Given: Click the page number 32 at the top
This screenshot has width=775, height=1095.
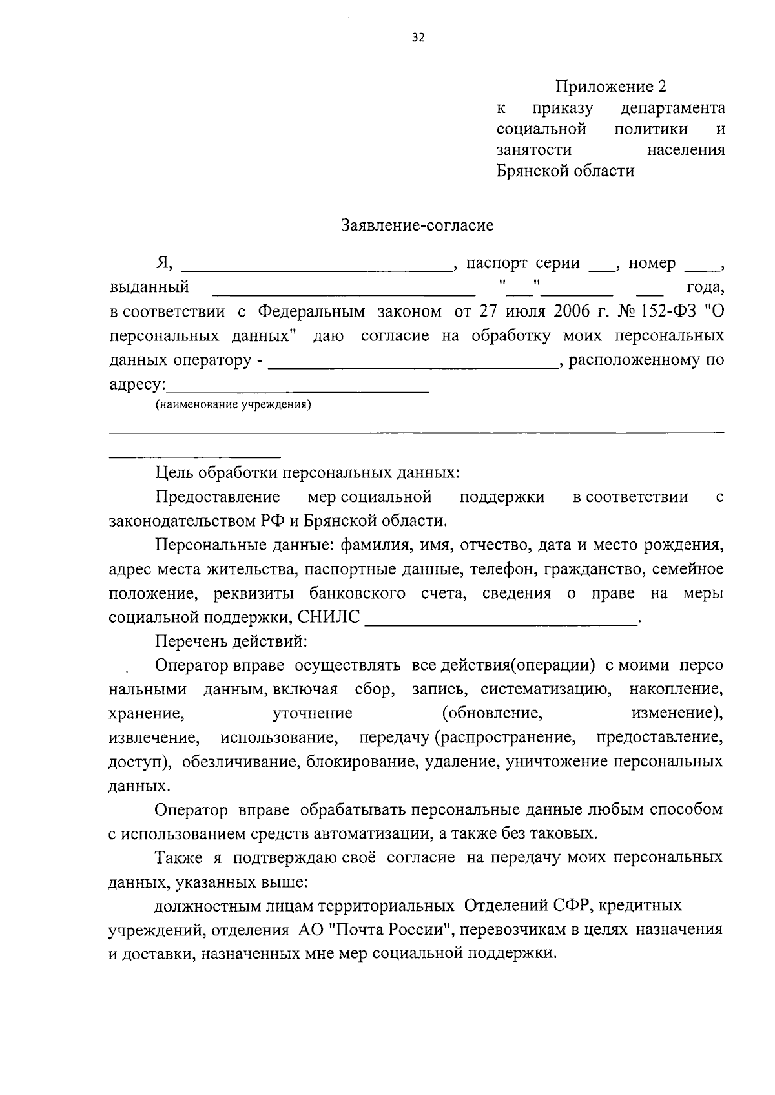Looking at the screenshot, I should (417, 37).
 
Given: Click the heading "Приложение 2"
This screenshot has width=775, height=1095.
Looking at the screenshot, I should (610, 86).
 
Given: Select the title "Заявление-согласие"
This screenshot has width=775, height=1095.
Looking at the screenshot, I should (417, 225).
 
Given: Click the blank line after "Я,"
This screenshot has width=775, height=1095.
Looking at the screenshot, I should (316, 267).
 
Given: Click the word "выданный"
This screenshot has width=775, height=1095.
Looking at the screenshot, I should (149, 287).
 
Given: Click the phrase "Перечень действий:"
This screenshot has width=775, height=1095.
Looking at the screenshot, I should (231, 641).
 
